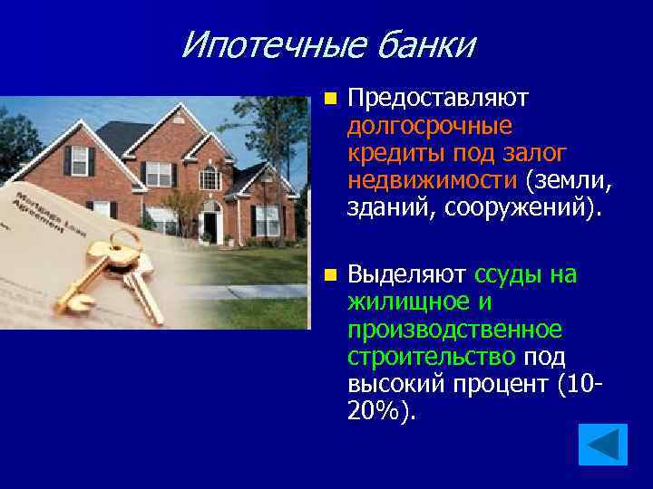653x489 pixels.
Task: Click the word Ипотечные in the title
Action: (x=258, y=43)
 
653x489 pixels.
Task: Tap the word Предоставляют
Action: (x=438, y=97)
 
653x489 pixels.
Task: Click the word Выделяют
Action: (x=406, y=273)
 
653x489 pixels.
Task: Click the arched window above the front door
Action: (x=210, y=177)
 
